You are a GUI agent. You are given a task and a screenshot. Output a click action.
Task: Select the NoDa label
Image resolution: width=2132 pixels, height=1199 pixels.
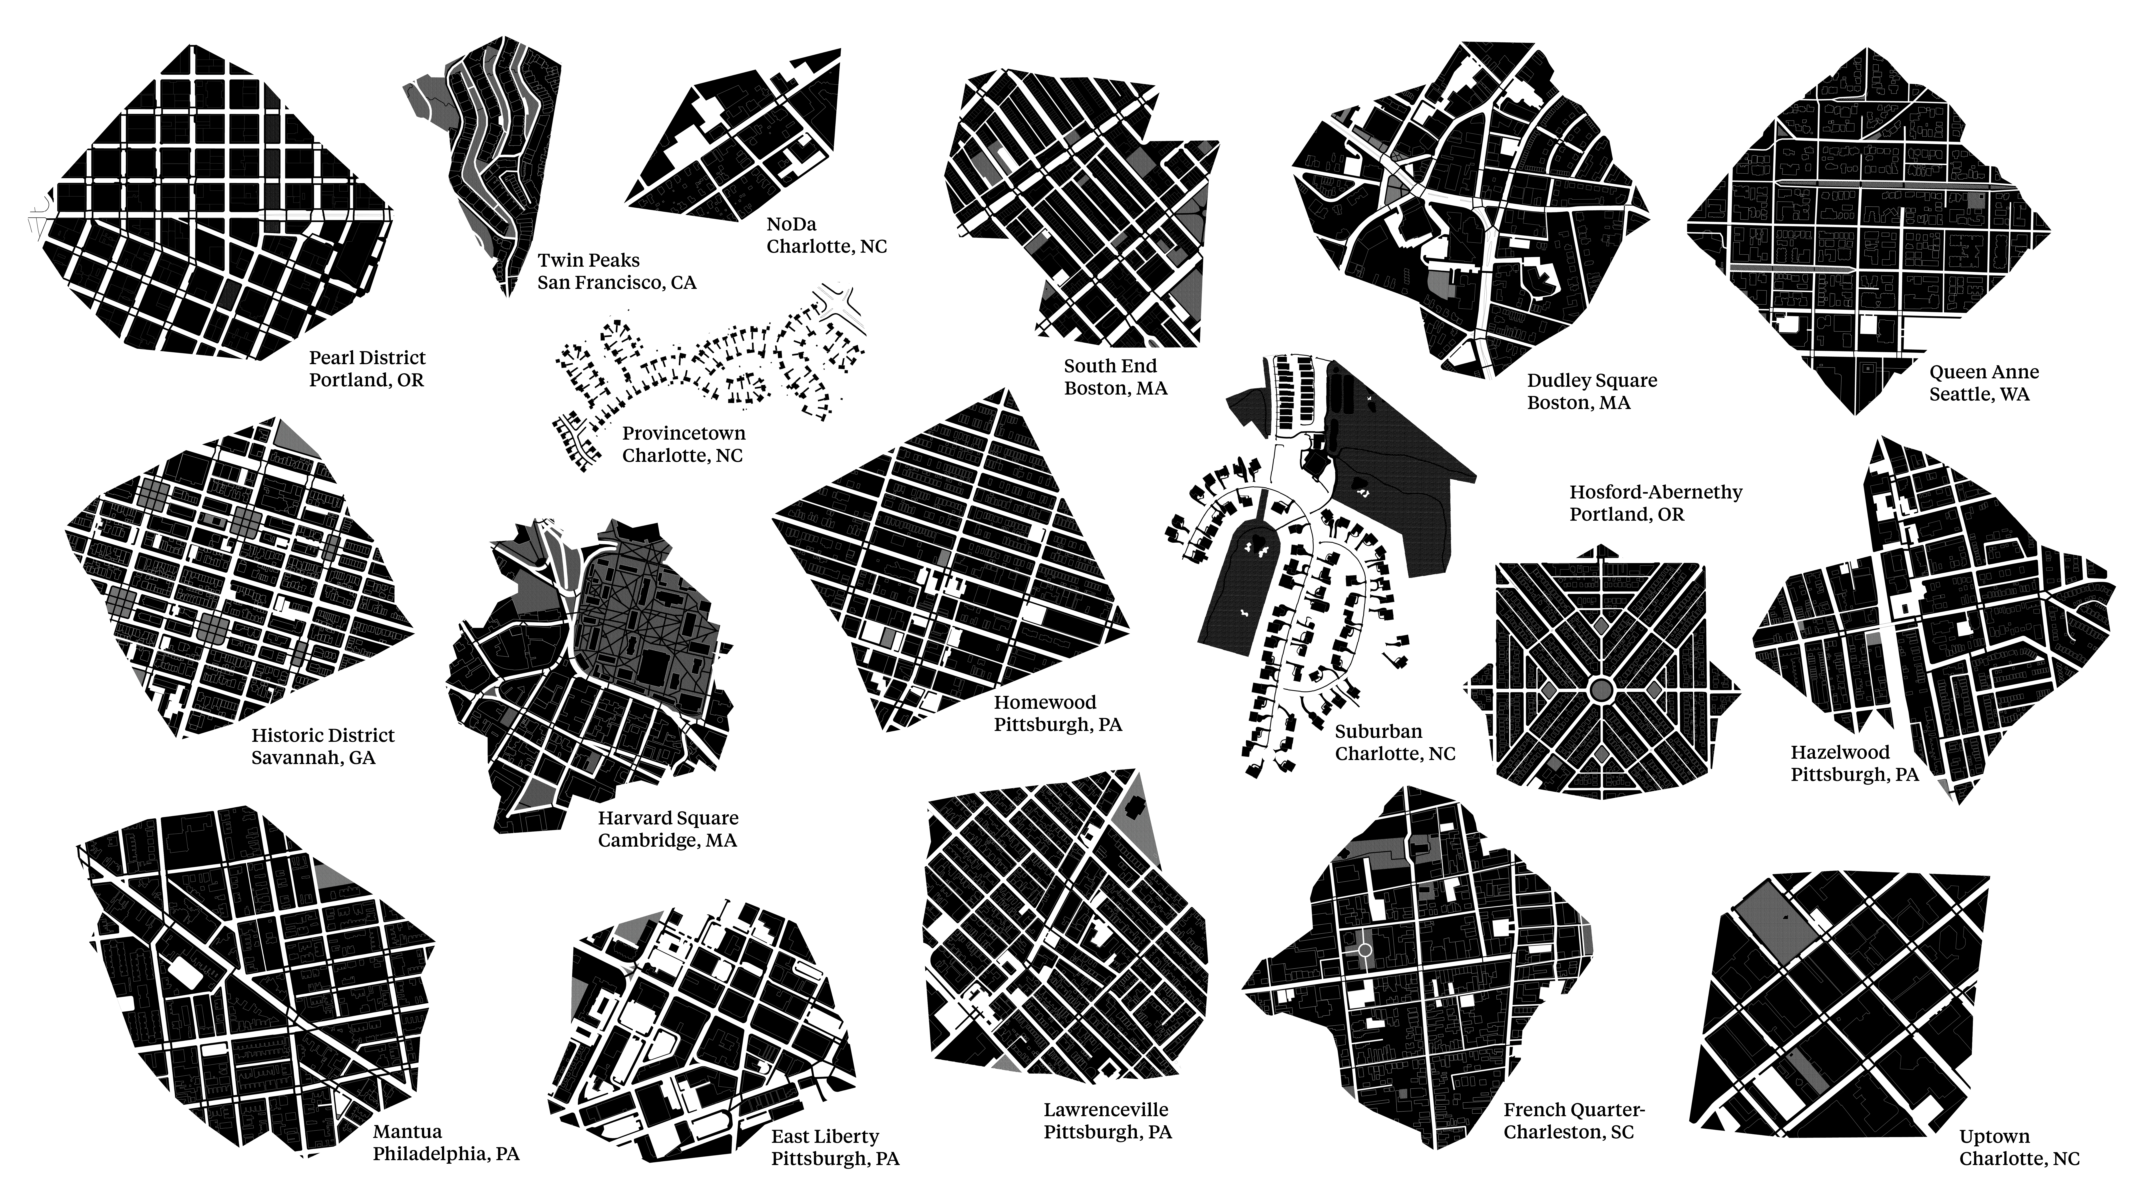tap(826, 235)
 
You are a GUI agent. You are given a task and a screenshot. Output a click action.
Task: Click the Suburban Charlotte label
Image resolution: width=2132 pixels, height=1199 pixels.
tap(1395, 742)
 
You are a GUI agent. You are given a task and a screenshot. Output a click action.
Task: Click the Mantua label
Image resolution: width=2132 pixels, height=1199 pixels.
tap(445, 1143)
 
